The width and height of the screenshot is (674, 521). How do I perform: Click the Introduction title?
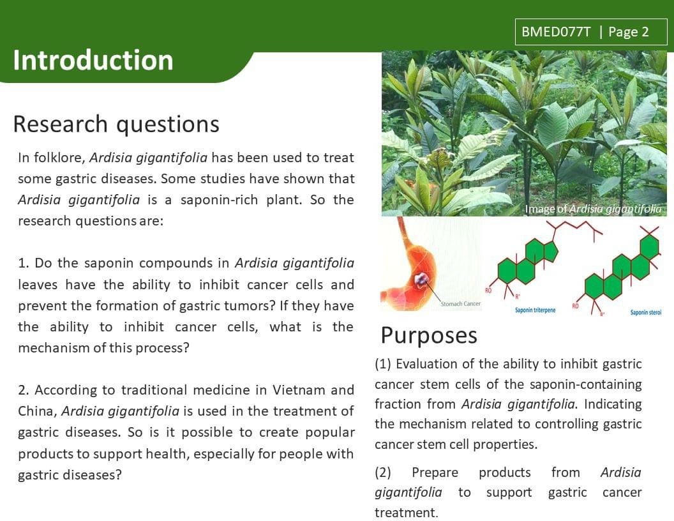pos(93,60)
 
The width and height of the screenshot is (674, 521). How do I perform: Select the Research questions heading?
pos(116,125)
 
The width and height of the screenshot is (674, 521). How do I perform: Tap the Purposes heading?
pos(429,336)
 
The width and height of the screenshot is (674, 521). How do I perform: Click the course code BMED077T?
pos(556,32)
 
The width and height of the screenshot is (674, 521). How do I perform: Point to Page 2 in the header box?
pos(629,32)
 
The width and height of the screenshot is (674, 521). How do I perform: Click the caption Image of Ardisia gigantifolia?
pos(593,209)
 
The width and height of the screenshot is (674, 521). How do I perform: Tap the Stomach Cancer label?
pos(460,304)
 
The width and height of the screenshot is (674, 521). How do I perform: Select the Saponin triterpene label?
pos(535,310)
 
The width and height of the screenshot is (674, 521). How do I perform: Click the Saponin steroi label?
pos(646,312)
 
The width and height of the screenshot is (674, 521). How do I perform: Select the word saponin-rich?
pos(219,200)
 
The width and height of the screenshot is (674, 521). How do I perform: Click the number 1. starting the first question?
pos(24,263)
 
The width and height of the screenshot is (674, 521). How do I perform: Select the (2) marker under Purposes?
pos(382,472)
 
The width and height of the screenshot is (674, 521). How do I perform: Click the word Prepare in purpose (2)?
pos(435,473)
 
